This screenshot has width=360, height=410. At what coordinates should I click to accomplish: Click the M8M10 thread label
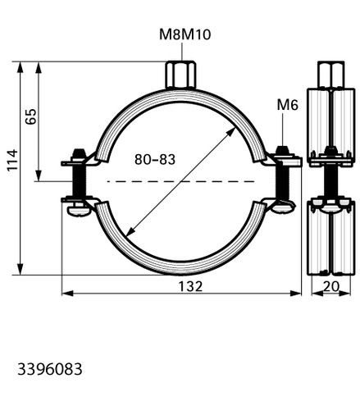pyautogui.click(x=185, y=34)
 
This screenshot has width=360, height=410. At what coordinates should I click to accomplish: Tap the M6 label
pyautogui.click(x=287, y=105)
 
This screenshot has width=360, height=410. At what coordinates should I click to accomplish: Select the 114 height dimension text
pyautogui.click(x=12, y=161)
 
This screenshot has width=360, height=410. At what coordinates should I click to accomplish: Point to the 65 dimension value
pyautogui.click(x=30, y=116)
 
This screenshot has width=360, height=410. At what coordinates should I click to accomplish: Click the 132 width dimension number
pyautogui.click(x=190, y=286)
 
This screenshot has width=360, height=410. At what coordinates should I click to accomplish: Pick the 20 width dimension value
pyautogui.click(x=331, y=286)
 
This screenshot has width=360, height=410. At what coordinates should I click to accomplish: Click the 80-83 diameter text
pyautogui.click(x=155, y=159)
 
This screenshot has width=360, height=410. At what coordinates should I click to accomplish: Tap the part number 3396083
pyautogui.click(x=50, y=369)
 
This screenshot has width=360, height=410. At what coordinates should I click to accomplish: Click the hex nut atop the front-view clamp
pyautogui.click(x=180, y=75)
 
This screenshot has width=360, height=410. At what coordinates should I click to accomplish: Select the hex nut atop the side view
pyautogui.click(x=330, y=75)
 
